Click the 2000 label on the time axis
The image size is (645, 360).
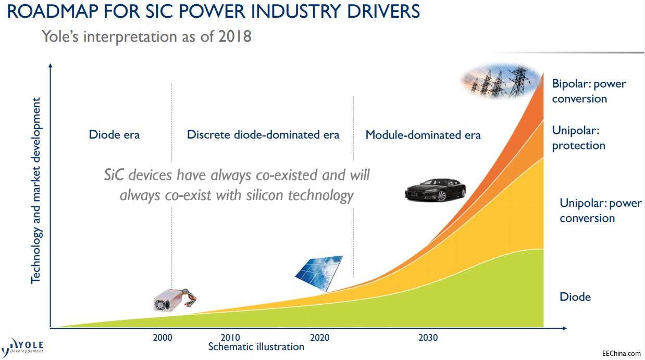[163, 338]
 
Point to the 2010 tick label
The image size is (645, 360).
[230, 337]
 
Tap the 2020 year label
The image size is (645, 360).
[319, 338]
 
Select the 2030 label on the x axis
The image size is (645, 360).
[428, 338]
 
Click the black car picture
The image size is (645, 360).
[435, 190]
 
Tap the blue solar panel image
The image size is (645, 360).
[319, 273]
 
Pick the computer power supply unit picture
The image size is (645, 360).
[175, 300]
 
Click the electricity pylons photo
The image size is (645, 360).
[501, 81]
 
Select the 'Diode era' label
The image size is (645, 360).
[114, 134]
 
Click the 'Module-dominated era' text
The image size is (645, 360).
[423, 135]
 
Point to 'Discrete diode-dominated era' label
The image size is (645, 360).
[263, 134]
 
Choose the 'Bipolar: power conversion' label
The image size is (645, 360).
[589, 91]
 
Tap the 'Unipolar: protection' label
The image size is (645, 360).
[578, 138]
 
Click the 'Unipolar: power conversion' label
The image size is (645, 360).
[601, 210]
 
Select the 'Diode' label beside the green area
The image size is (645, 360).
[575, 296]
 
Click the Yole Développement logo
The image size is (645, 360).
[22, 347]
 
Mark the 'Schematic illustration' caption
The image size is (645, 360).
[256, 347]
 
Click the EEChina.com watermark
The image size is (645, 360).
[622, 353]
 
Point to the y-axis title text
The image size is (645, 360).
[36, 190]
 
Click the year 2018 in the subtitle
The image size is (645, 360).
[234, 36]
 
